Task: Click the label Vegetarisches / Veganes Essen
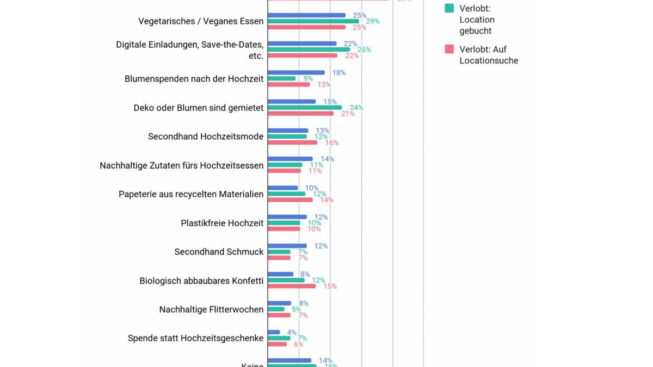click(x=201, y=21)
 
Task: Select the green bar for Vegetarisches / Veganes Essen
click(x=313, y=21)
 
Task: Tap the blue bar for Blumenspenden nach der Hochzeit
click(x=296, y=72)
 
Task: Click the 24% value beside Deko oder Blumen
click(x=356, y=108)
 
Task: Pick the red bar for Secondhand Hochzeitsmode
click(x=292, y=142)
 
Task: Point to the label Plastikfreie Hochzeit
click(x=222, y=223)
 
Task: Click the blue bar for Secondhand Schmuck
click(x=287, y=246)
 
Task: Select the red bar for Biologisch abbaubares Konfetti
click(x=292, y=286)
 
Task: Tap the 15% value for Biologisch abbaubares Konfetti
click(x=330, y=286)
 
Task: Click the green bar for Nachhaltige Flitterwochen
click(x=276, y=309)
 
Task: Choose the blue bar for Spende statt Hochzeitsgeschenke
click(x=274, y=332)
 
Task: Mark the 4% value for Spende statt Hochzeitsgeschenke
click(x=292, y=332)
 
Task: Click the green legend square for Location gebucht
click(x=449, y=8)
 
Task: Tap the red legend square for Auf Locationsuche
click(x=449, y=49)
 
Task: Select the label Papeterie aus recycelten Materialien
click(x=191, y=194)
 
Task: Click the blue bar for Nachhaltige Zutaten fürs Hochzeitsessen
click(x=290, y=159)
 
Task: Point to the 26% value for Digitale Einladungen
click(x=364, y=49)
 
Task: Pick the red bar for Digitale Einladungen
click(x=303, y=55)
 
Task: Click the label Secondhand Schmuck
click(x=219, y=252)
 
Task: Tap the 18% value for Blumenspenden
click(x=338, y=72)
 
